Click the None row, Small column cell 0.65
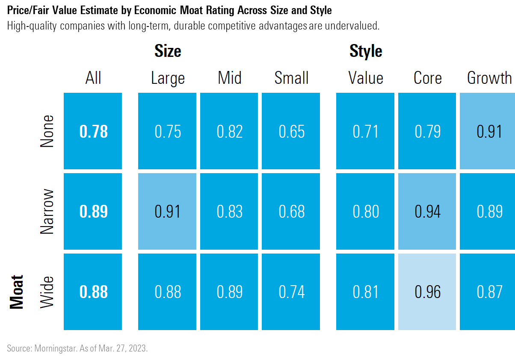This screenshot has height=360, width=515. tap(291, 131)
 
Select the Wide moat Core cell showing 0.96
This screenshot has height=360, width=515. tap(427, 292)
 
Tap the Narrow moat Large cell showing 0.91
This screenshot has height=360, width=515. tap(167, 212)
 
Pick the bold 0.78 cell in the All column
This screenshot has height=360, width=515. tap(93, 131)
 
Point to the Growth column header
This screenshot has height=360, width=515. tap(489, 78)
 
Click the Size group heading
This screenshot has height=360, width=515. tap(168, 51)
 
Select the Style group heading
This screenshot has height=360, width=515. tap(366, 51)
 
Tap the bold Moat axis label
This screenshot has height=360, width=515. tap(16, 292)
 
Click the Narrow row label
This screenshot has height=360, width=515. tap(47, 211)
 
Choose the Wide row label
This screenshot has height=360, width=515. tap(47, 292)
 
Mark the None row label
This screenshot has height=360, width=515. tap(47, 131)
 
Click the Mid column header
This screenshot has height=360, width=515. tap(230, 78)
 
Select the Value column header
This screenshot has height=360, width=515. tap(366, 78)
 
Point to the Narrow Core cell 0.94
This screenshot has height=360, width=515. tap(427, 212)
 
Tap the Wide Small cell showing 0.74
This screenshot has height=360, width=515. tap(291, 292)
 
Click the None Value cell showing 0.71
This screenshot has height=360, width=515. tap(366, 131)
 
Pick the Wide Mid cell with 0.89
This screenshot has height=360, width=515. tap(230, 292)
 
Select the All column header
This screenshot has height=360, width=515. tap(93, 78)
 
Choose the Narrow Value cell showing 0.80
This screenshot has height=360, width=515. tap(366, 212)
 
